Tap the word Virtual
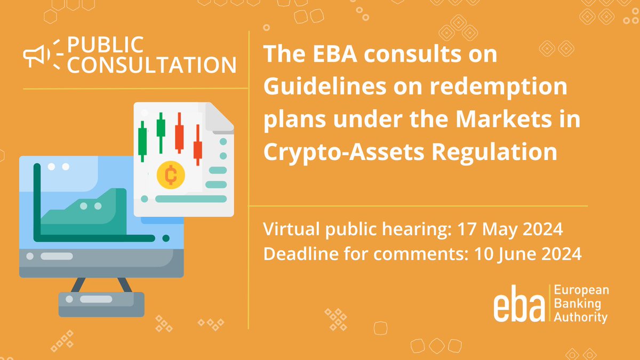pos(289,231)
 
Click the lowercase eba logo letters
pos(519,307)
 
